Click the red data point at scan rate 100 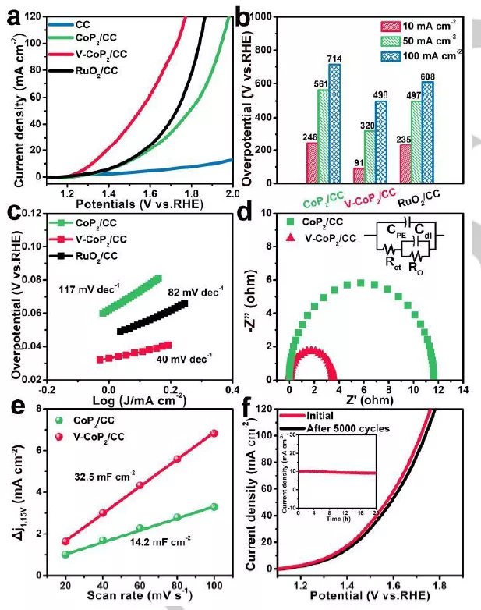click(x=214, y=433)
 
